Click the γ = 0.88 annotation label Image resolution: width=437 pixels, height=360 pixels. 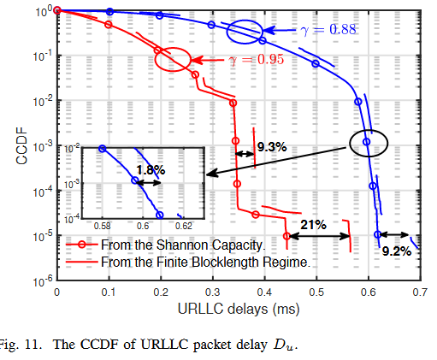[x=329, y=30]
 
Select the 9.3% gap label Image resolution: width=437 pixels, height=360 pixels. [x=272, y=147]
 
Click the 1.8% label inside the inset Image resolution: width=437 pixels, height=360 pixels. [x=150, y=169]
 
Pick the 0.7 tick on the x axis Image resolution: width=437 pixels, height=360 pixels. [x=420, y=292]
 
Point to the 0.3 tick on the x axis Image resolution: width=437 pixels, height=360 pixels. [x=212, y=292]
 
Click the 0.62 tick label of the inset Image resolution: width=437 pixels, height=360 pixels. [x=183, y=226]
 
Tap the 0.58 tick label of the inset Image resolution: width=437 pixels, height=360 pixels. [x=102, y=226]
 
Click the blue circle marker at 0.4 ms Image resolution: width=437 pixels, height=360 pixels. [x=263, y=40]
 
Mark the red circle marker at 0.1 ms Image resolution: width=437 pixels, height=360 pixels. [x=108, y=24]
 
